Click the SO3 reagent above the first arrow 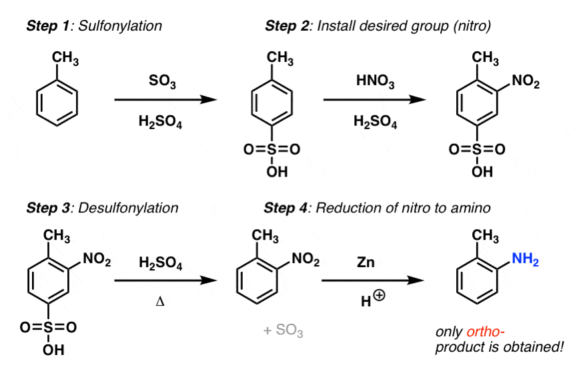click(162, 81)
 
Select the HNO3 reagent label click(375, 81)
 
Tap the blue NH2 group click(525, 259)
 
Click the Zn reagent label click(366, 262)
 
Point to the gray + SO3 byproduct click(283, 330)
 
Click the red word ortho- click(486, 332)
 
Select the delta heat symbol click(160, 302)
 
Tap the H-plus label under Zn click(373, 298)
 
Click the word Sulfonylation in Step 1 click(120, 27)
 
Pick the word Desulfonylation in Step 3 click(128, 208)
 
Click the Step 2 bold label click(287, 27)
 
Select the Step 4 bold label click(286, 208)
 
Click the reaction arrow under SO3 click(165, 99)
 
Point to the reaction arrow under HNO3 click(374, 99)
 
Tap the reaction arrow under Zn click(373, 280)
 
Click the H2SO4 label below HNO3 click(375, 121)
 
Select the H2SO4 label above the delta click(161, 263)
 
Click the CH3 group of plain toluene click(65, 58)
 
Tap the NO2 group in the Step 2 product click(526, 81)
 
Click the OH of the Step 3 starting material click(53, 350)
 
